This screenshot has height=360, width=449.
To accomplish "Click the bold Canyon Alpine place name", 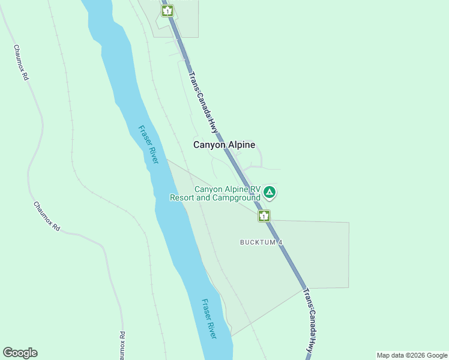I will click(224, 145).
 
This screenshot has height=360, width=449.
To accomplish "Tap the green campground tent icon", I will click(270, 193).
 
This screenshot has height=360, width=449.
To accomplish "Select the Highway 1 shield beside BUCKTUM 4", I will click(264, 215).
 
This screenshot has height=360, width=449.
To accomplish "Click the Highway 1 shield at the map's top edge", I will click(167, 11).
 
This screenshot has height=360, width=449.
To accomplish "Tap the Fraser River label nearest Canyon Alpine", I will click(148, 144).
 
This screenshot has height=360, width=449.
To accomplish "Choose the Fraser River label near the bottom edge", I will click(209, 319).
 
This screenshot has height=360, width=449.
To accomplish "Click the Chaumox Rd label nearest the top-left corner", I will click(21, 62).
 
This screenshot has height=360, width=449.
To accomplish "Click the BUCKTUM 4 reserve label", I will click(261, 242).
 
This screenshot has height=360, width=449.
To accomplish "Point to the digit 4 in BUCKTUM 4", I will click(280, 242).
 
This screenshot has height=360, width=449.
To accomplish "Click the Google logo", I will click(20, 353).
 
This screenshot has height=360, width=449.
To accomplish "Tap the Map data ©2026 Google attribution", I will click(412, 355).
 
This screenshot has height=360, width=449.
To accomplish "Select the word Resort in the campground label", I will click(182, 197).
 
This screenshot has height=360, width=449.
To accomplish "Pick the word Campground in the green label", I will click(237, 197).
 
